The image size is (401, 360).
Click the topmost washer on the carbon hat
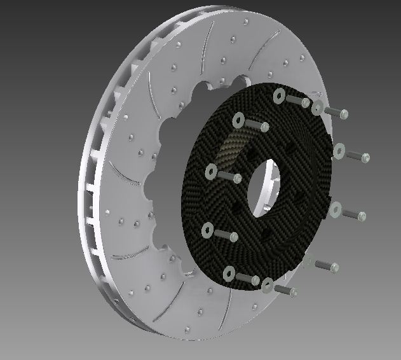[279, 96]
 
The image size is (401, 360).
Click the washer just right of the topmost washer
[318, 107]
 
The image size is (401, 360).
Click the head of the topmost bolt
[306, 102]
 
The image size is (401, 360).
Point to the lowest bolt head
[294, 293]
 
